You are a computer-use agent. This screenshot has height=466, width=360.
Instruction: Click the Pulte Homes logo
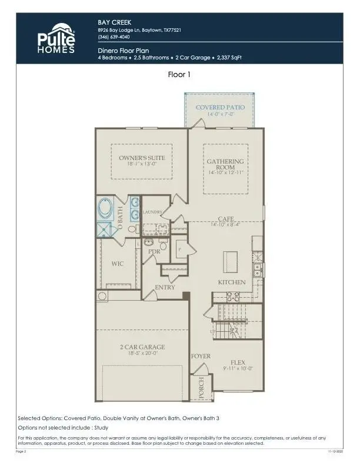pos(56,38)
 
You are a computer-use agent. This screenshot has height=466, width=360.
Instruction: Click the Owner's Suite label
pos(142,158)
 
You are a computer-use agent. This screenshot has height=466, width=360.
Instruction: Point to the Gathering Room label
pos(225,164)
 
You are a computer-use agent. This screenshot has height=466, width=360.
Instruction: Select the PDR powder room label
pos(154,252)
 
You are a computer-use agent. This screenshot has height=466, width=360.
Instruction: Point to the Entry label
pos(165,287)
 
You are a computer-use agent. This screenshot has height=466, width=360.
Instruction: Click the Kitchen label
pos(232,282)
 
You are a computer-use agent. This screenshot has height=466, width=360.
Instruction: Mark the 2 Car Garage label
pos(142,347)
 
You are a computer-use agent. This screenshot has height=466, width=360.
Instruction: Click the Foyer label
pos(201,357)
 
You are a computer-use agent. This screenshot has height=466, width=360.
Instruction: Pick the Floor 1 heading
pos(179,75)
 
